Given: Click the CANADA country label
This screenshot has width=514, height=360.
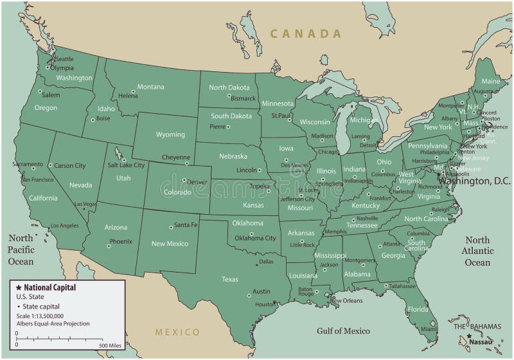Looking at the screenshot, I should pos(305,33).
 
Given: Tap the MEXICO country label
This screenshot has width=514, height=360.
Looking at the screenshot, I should pos(177,332).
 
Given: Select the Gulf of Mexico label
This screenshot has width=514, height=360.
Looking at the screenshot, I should pos(343,331).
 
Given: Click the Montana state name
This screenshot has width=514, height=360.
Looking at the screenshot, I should pos(150,87).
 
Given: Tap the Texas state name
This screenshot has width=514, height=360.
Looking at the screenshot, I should pos(229,279).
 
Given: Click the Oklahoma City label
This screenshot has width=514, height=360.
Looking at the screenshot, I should pos(254,238).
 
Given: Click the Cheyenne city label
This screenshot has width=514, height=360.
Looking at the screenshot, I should pos(175,157).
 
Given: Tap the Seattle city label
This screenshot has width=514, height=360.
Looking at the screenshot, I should pos(65,59).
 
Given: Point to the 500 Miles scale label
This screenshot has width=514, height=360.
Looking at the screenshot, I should pos(110,346).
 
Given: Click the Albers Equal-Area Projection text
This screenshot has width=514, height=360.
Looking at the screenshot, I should pos(53,323).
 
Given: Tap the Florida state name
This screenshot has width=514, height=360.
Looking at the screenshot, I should pos(417,309).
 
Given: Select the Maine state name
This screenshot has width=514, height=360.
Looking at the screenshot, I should pos(490,82).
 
